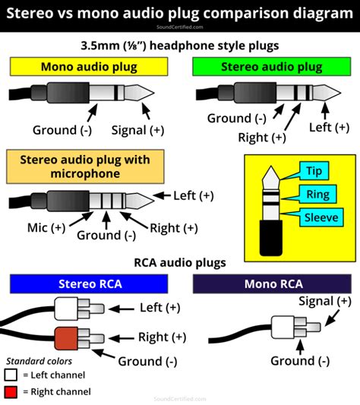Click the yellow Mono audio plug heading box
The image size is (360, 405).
click(89, 67)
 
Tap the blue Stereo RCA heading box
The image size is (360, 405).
click(89, 283)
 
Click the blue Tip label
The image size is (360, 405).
click(314, 169)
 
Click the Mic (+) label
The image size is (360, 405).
click(46, 226)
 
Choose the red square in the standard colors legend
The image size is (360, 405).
click(11, 391)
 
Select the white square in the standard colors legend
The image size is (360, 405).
click(11, 375)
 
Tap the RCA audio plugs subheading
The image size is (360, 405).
click(180, 263)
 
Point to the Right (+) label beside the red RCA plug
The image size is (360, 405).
click(162, 337)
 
